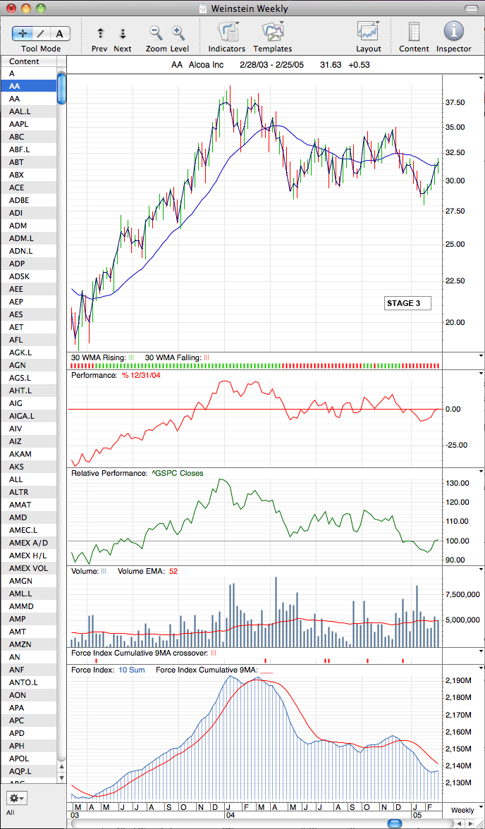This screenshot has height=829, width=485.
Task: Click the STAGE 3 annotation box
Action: coord(407,303)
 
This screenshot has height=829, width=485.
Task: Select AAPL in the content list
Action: coord(18,124)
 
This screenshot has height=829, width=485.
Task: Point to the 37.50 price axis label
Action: coord(456,102)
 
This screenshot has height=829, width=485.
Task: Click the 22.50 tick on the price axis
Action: coord(456,281)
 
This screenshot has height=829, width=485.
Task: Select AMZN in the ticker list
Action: coord(20,644)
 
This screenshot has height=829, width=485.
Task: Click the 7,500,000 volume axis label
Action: coord(462,595)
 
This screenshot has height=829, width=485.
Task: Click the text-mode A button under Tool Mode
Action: coord(59,34)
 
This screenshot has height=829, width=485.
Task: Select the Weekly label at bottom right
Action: coord(462,810)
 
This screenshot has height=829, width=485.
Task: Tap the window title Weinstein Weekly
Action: coord(250,8)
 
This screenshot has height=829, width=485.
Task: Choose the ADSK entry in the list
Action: coord(20,276)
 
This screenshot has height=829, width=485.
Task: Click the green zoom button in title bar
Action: coord(41,8)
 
